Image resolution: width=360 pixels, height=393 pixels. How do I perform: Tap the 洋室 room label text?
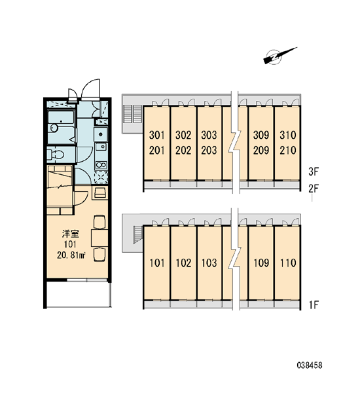tap(71, 234)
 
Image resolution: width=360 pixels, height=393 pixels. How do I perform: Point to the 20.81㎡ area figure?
tap(71, 255)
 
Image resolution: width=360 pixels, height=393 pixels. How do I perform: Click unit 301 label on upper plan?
tap(157, 135)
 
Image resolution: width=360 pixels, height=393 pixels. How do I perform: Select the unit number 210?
tap(288, 151)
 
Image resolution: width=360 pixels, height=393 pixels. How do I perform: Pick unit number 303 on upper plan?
tap(209, 135)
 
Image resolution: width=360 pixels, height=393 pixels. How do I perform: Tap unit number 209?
tap(261, 151)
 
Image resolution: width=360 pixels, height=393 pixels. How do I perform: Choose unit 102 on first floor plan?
tap(183, 263)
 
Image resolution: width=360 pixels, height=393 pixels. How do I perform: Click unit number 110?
tap(288, 263)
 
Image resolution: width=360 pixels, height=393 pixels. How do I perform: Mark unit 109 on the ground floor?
tap(261, 263)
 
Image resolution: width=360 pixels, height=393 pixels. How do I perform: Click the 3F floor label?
tap(314, 172)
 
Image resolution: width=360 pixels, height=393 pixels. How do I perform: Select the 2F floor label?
tap(314, 189)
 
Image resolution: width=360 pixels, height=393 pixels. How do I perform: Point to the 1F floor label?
tap(314, 305)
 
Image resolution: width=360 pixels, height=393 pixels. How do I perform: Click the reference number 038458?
tap(310, 365)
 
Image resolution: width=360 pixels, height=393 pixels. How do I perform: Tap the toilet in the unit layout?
tap(56, 155)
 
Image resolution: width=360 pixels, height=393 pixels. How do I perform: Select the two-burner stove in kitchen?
tap(101, 165)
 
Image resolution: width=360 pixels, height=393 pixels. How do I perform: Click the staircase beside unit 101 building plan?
tap(137, 234)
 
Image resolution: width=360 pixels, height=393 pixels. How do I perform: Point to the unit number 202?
tap(183, 151)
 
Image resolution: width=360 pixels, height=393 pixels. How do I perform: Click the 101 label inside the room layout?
tap(70, 244)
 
